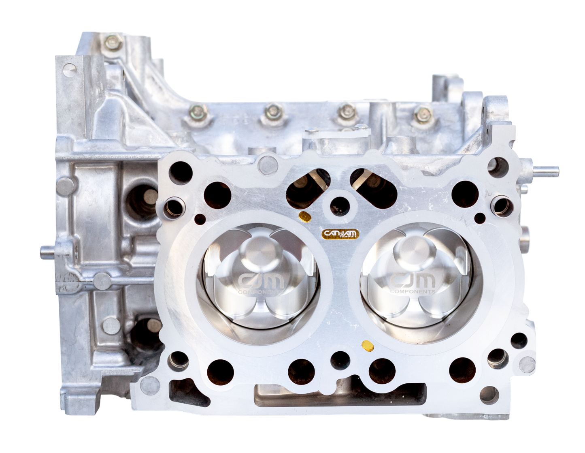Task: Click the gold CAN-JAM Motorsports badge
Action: [x=340, y=234]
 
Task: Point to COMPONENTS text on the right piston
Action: [x=413, y=291]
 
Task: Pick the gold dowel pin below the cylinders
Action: [x=367, y=346]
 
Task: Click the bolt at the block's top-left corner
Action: [x=112, y=41]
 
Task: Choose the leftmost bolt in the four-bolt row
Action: [x=198, y=111]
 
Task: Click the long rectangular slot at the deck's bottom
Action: [x=340, y=395]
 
